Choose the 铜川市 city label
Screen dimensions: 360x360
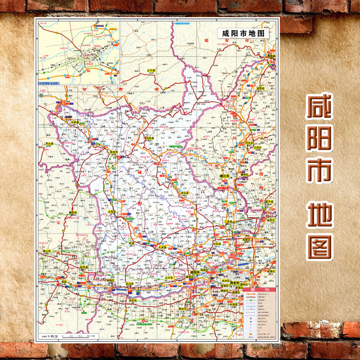point(225,175)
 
